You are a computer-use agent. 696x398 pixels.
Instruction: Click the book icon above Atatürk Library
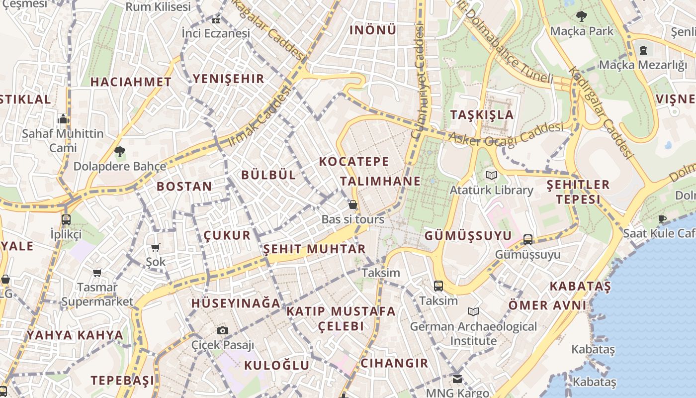tap(492, 176)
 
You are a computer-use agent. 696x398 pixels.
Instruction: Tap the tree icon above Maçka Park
tap(582, 16)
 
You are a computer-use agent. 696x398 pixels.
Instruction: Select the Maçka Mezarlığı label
tap(643, 65)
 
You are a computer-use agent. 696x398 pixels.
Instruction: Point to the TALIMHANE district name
tap(381, 181)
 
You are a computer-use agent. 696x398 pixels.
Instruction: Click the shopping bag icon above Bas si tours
tap(352, 204)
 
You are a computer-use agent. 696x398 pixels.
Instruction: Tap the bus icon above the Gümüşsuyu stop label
tap(528, 240)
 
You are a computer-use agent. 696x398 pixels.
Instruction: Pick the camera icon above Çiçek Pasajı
tap(223, 330)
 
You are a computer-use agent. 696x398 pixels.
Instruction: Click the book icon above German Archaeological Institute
tap(473, 312)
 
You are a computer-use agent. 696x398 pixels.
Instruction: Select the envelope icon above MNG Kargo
tap(457, 379)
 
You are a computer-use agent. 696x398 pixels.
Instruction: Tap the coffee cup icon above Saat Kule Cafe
tap(662, 219)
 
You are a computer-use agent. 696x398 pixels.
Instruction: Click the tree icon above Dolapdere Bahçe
tap(119, 151)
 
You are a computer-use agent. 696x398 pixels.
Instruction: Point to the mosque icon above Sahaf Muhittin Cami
tap(63, 119)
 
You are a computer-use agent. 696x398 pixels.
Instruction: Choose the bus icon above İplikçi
tap(66, 219)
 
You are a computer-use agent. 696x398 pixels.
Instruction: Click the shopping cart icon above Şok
tap(155, 247)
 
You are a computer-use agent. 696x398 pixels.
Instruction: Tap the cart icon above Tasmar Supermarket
tap(97, 273)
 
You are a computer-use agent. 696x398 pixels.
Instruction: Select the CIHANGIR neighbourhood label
tap(394, 363)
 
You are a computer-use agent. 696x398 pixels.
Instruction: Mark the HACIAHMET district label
tap(131, 82)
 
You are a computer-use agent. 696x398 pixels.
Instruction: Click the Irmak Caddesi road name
tap(259, 116)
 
